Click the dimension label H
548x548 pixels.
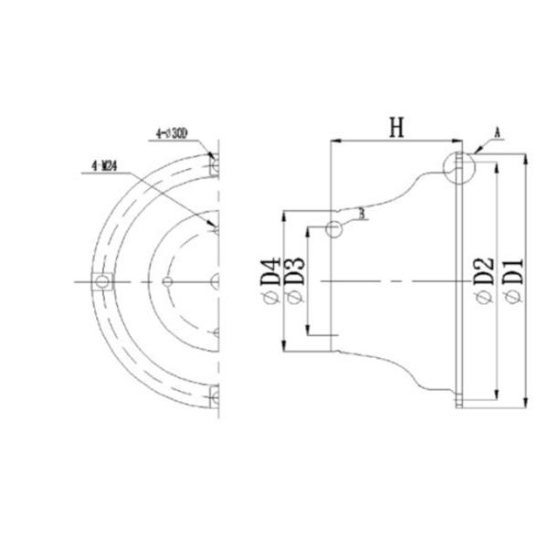click(395, 128)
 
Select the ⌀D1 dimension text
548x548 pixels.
click(512, 281)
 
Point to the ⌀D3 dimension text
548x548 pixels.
click(294, 281)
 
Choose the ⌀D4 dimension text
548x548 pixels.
click(271, 281)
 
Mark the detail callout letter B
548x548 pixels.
click(363, 213)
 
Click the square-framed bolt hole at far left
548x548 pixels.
click(102, 280)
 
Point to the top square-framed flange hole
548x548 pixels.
click(215, 166)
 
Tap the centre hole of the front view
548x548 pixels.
click(215, 280)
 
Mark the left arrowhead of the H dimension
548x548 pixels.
click(332, 142)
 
